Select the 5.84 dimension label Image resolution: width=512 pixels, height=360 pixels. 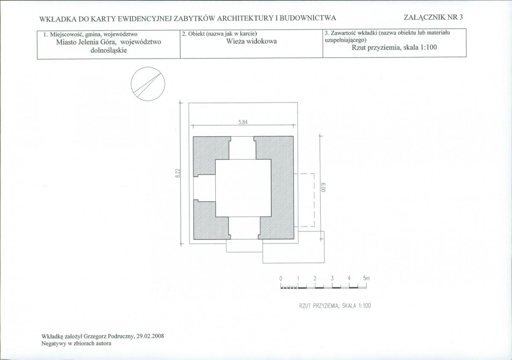243,123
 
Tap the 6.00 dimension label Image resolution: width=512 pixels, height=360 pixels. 324,188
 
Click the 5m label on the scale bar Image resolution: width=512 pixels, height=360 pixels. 366,278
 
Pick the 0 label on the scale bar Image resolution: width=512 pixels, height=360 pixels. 281,279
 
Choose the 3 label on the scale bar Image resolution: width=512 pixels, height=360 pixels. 332,279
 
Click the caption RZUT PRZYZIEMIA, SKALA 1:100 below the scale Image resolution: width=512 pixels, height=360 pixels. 335,306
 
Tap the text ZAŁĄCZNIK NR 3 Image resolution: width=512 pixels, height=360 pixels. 433,18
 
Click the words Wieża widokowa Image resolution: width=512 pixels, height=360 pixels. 252,41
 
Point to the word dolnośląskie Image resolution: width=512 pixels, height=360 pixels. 108,50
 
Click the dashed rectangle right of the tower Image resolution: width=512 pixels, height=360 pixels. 314,200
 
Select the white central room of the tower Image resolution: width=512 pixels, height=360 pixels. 243,188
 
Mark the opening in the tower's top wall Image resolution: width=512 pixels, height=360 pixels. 242,148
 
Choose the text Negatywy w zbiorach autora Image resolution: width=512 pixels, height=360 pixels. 76,343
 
